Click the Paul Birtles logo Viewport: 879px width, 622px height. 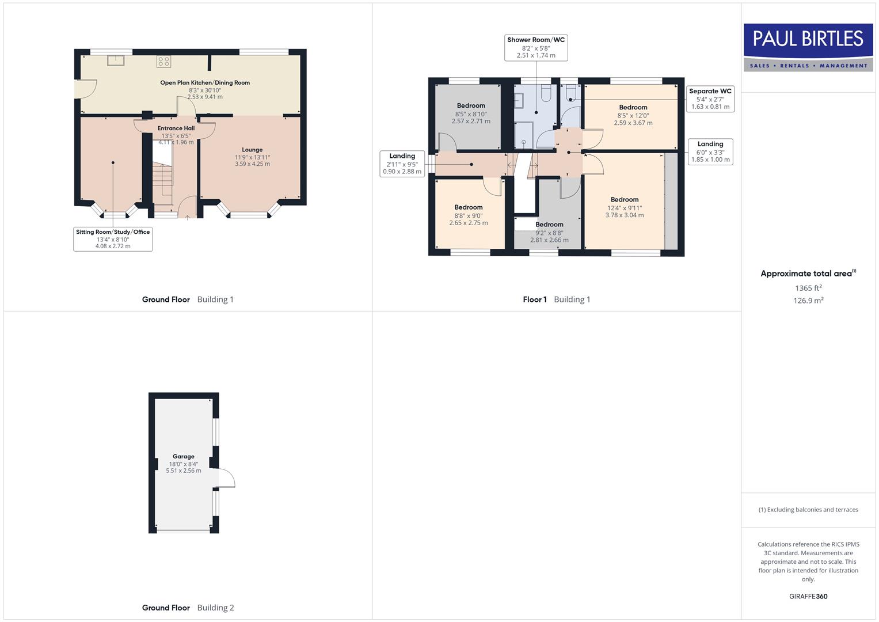pyautogui.click(x=808, y=47)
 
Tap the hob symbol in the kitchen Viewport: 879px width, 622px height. pyautogui.click(x=163, y=62)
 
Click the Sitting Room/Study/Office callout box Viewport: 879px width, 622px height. pyautogui.click(x=113, y=239)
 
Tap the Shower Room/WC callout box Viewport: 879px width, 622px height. pyautogui.click(x=536, y=48)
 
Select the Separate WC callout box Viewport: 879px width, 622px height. pyautogui.click(x=710, y=99)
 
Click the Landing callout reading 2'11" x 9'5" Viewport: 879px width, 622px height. pyautogui.click(x=402, y=164)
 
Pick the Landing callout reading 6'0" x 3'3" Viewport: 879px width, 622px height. pyautogui.click(x=710, y=152)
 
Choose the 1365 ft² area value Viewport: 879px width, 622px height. pyautogui.click(x=808, y=288)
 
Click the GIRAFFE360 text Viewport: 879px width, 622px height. pyautogui.click(x=808, y=597)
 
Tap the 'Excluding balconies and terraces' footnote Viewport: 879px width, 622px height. pyautogui.click(x=808, y=510)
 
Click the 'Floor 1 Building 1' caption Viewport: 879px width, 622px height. pyautogui.click(x=556, y=299)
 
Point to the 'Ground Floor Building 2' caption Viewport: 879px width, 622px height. pyautogui.click(x=188, y=608)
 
